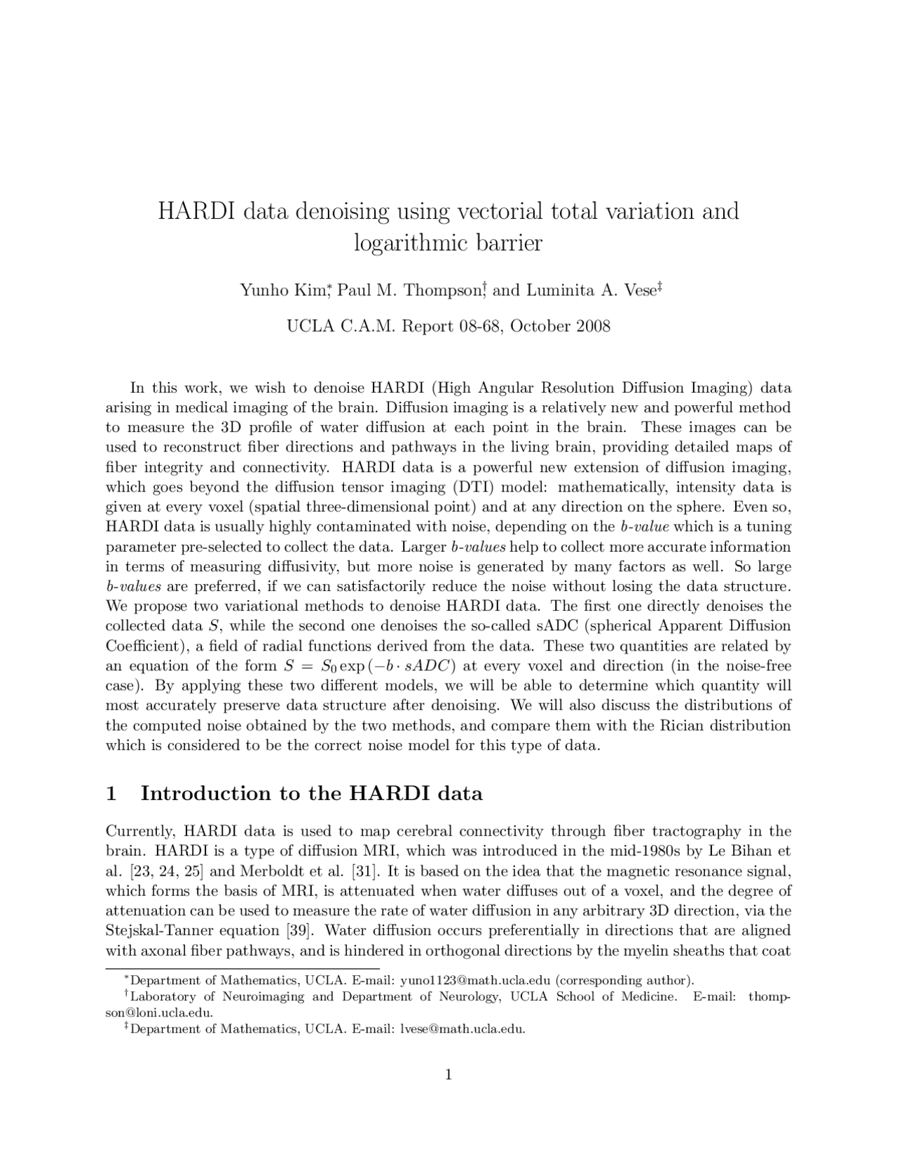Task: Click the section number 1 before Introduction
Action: [x=110, y=794]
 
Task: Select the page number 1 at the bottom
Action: [x=448, y=1075]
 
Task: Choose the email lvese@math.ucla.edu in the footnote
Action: [x=463, y=1029]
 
